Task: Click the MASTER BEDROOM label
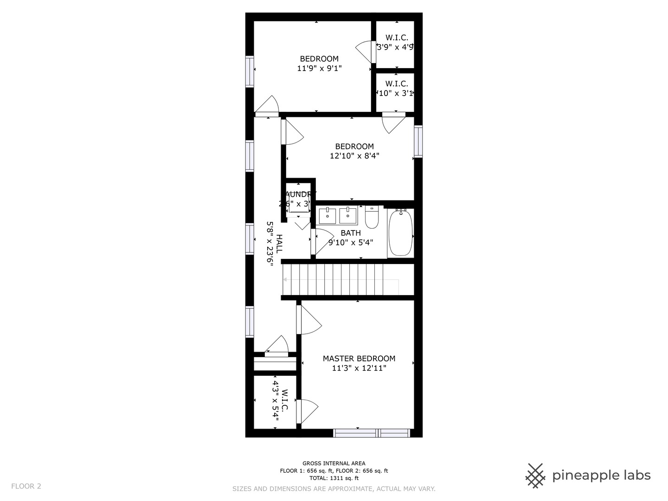pos(359,359)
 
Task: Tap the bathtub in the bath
pos(400,233)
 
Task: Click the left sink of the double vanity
pos(328,216)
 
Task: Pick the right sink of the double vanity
pos(348,216)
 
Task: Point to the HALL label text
pos(279,243)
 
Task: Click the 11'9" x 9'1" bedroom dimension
pos(319,68)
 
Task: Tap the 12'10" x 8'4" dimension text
pos(354,156)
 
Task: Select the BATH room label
pos(351,233)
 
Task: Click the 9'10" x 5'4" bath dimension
pos(351,242)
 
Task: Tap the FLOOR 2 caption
pos(26,486)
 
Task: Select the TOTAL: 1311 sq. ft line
pos(334,478)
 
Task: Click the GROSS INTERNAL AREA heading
pos(334,463)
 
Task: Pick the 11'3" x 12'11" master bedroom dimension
pos(359,368)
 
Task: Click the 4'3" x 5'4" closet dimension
pos(276,401)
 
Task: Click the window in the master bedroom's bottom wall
pos(371,433)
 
